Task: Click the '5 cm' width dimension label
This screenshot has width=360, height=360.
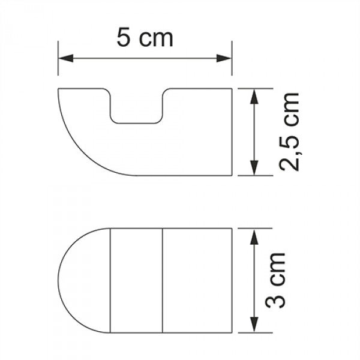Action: pyautogui.click(x=145, y=38)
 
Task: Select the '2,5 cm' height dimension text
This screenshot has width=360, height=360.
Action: pyautogui.click(x=290, y=132)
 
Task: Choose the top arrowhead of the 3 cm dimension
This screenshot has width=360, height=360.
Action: pyautogui.click(x=254, y=236)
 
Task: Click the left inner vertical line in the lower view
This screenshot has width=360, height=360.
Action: pyautogui.click(x=111, y=280)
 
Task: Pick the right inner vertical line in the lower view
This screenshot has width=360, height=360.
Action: pyautogui.click(x=164, y=280)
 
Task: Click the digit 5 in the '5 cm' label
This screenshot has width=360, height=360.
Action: pyautogui.click(x=124, y=38)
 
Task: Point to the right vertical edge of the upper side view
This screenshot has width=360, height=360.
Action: pyautogui.click(x=232, y=132)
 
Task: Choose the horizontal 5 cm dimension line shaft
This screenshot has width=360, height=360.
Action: pyautogui.click(x=145, y=58)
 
